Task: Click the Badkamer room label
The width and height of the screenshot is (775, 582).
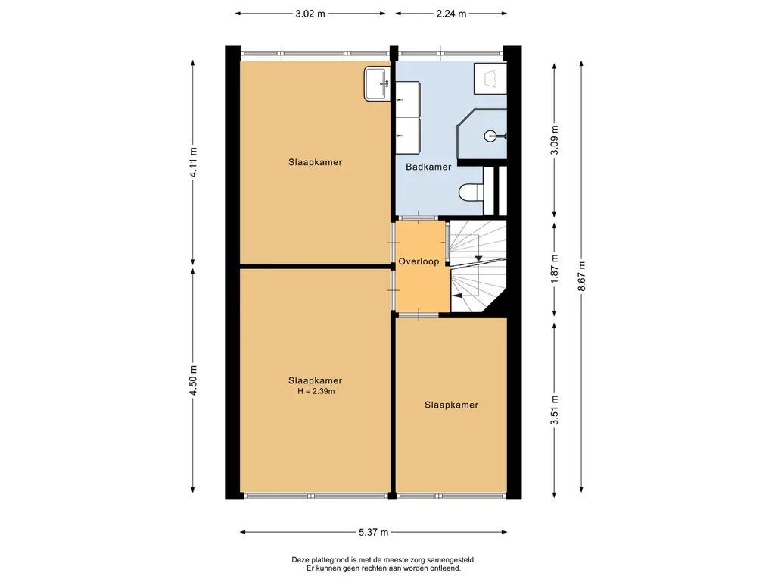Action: point(428,167)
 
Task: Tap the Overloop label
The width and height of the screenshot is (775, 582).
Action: point(419,261)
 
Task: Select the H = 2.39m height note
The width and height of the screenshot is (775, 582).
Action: point(316,392)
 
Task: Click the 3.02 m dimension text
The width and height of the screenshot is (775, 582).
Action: point(310,14)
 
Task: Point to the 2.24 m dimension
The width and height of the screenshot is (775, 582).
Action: point(451,14)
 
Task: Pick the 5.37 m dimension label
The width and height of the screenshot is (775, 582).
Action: point(374,533)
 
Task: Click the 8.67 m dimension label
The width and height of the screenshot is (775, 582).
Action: point(582,277)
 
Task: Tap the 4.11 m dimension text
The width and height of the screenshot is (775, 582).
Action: point(193,162)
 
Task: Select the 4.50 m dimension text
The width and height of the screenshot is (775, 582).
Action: point(193,380)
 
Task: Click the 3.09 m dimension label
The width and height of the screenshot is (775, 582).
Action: point(555,140)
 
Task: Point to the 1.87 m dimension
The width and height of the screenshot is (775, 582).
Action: point(555,269)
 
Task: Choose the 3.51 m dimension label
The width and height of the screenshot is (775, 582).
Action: point(555,410)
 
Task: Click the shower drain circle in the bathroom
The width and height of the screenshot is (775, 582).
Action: point(490,135)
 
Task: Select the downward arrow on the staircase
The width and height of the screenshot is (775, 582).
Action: point(478,258)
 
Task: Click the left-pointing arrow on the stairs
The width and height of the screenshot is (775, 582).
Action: point(457,296)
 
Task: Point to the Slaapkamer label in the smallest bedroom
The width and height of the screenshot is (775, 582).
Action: point(451,405)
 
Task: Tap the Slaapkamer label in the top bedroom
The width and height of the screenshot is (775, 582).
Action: point(316,162)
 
